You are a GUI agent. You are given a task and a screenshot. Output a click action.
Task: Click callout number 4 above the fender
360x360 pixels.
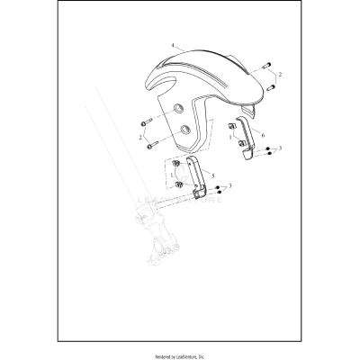(x=171, y=44)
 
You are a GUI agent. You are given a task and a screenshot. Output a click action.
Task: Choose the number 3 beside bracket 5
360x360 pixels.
(x=231, y=185)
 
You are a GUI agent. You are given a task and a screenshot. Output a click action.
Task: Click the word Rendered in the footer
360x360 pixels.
(x=157, y=352)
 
